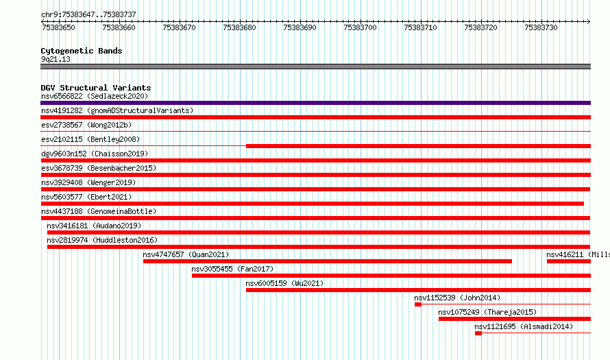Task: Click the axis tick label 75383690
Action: [x=300, y=27]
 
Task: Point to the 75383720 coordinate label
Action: [x=480, y=27]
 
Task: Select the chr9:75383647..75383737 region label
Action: [x=88, y=15]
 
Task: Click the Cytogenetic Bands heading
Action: [x=82, y=51]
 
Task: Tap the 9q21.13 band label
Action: [x=56, y=59]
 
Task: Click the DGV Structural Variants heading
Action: [x=96, y=88]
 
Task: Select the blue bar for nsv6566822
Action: [x=315, y=103]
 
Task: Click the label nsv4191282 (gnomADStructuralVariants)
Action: [x=117, y=110]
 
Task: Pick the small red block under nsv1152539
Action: [x=418, y=304]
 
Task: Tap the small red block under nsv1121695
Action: [x=478, y=333]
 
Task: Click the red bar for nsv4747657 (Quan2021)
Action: [x=328, y=261]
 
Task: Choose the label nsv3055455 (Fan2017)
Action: [x=232, y=269]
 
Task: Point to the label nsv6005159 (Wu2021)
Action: [x=284, y=283]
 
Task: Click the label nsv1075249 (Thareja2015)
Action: [x=487, y=312]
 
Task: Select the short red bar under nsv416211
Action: [x=569, y=261]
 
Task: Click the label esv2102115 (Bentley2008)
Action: [x=90, y=139]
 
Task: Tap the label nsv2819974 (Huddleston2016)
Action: [x=102, y=240]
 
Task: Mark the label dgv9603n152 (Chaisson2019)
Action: [x=95, y=154]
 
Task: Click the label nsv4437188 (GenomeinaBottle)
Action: [x=99, y=211]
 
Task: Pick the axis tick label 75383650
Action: [x=58, y=27]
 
